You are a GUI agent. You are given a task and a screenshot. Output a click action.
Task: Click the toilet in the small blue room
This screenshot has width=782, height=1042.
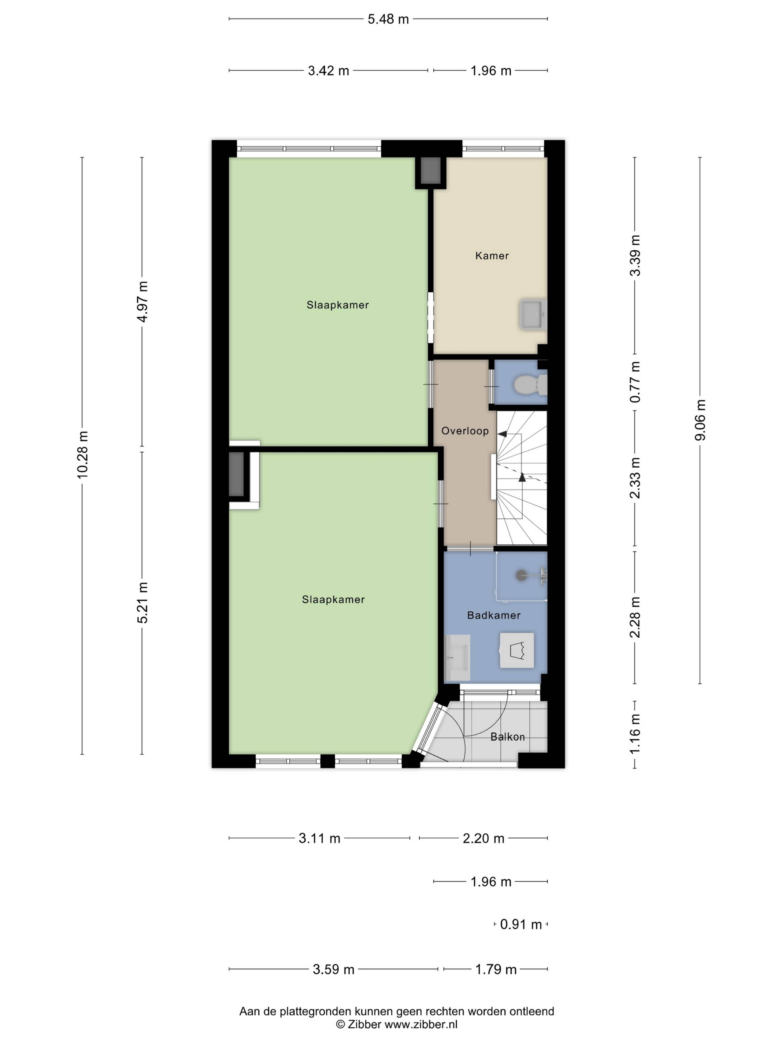point(529,384)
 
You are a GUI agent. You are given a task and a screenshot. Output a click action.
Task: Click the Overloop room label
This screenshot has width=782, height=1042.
point(465,431)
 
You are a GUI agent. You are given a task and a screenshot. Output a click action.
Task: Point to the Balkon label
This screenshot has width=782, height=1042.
point(507,737)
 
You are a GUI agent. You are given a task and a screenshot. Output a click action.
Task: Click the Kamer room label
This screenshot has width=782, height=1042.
point(492,256)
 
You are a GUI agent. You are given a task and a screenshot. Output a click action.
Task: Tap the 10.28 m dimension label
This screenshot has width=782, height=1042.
point(82,455)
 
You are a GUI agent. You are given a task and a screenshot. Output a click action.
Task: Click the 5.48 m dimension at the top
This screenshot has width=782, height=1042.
point(388,19)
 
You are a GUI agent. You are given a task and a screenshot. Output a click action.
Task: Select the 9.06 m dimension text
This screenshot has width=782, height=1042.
point(701,420)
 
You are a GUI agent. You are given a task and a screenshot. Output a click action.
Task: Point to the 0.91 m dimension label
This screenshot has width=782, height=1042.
point(521,924)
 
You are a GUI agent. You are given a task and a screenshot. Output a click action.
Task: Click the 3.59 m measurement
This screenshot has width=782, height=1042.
point(333,970)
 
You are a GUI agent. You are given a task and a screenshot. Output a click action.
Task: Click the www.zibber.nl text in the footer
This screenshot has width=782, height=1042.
point(421,1024)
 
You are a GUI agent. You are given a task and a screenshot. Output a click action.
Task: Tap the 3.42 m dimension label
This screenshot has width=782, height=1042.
point(328,71)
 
